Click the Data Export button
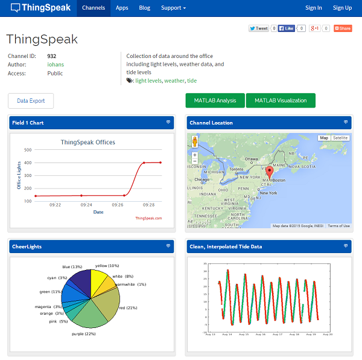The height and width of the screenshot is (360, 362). click(31, 101)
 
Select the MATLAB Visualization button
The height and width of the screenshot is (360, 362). click(281, 101)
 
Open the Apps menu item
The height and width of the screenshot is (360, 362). click(122, 8)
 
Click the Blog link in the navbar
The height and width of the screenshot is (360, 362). click(145, 8)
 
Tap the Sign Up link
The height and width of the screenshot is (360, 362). click(342, 8)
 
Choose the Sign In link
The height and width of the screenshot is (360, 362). click(314, 8)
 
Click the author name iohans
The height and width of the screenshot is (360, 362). click(56, 65)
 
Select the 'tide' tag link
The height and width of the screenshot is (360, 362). click(192, 81)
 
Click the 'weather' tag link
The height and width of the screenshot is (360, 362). click(174, 81)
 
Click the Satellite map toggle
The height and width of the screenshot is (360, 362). click(340, 138)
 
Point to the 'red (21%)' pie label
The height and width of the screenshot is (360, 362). click(128, 308)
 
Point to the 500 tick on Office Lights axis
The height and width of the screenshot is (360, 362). click(28, 150)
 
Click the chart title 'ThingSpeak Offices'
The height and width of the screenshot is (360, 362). click(88, 143)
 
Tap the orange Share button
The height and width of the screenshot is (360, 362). click(343, 28)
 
